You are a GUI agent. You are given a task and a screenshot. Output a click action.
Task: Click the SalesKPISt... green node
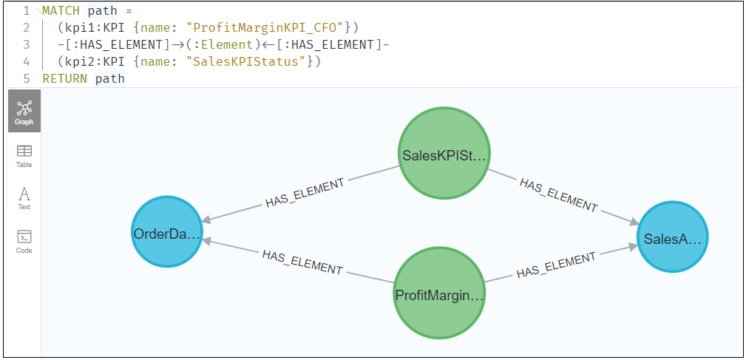point(444,154)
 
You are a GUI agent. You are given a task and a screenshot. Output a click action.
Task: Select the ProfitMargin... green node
point(439,295)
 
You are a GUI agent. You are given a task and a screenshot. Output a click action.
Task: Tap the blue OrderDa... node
point(167,234)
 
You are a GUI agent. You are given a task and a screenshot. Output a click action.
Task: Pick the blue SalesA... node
point(672,237)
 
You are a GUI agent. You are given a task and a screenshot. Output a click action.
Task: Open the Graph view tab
point(24,112)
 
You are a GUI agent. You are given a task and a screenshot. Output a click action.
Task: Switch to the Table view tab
point(24,155)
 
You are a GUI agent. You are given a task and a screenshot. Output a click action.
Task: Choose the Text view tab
point(24,198)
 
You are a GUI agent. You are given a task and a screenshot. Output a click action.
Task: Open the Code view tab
point(24,241)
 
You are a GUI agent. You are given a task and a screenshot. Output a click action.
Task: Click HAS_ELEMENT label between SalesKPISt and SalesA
point(557,194)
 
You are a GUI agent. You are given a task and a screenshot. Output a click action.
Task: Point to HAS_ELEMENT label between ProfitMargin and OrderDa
point(302,262)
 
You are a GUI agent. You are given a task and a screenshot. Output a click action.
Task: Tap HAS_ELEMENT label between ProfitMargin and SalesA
point(556,265)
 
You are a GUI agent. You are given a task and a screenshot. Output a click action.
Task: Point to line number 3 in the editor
point(27,45)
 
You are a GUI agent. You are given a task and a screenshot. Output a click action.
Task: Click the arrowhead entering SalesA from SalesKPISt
point(634,221)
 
